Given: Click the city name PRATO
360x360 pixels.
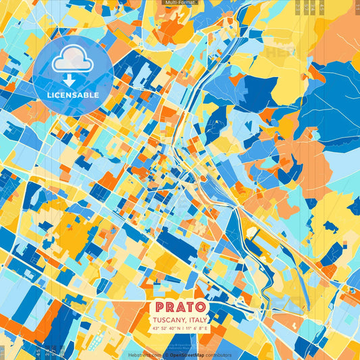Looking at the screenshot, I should pyautogui.click(x=180, y=305).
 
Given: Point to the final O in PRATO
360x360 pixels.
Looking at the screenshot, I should pyautogui.click(x=201, y=305).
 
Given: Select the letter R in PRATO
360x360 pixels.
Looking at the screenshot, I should pyautogui.click(x=170, y=305).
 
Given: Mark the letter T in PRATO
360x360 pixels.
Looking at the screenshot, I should pyautogui.click(x=190, y=305).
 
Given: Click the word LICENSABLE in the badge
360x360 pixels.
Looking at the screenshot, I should pyautogui.click(x=73, y=95).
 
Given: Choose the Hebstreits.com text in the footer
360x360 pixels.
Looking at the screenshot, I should pyautogui.click(x=145, y=354).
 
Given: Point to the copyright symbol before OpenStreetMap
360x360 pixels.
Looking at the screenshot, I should pyautogui.click(x=166, y=354).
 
